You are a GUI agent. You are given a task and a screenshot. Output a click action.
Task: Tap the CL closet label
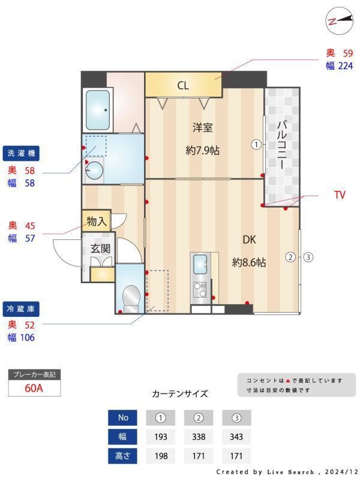click(183, 85)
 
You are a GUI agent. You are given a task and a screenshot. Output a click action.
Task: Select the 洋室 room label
click(202, 127)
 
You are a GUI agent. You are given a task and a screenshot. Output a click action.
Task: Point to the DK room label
click(249, 240)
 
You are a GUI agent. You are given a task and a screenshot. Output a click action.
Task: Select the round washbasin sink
click(94, 172)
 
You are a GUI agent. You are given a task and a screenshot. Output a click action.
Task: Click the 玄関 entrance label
click(100, 248)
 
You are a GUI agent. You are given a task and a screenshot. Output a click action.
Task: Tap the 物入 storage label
click(97, 221)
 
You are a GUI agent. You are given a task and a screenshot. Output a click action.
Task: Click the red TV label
click(340, 195)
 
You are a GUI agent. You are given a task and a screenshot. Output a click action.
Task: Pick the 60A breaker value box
click(34, 388)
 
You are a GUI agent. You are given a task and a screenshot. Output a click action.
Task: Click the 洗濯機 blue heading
click(20, 154)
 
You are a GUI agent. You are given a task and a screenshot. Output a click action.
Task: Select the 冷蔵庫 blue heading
click(20, 309)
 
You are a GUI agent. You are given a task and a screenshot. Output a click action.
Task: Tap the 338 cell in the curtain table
click(199, 436)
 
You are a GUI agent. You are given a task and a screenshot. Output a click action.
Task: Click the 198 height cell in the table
click(161, 455)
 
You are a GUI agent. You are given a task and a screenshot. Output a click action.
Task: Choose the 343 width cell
click(236, 436)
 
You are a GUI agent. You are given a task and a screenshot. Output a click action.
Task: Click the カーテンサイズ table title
click(180, 394)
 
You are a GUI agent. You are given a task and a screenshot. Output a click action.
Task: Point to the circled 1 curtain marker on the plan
click(256, 144)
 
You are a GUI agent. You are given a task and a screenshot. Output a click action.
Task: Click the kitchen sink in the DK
click(200, 263)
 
